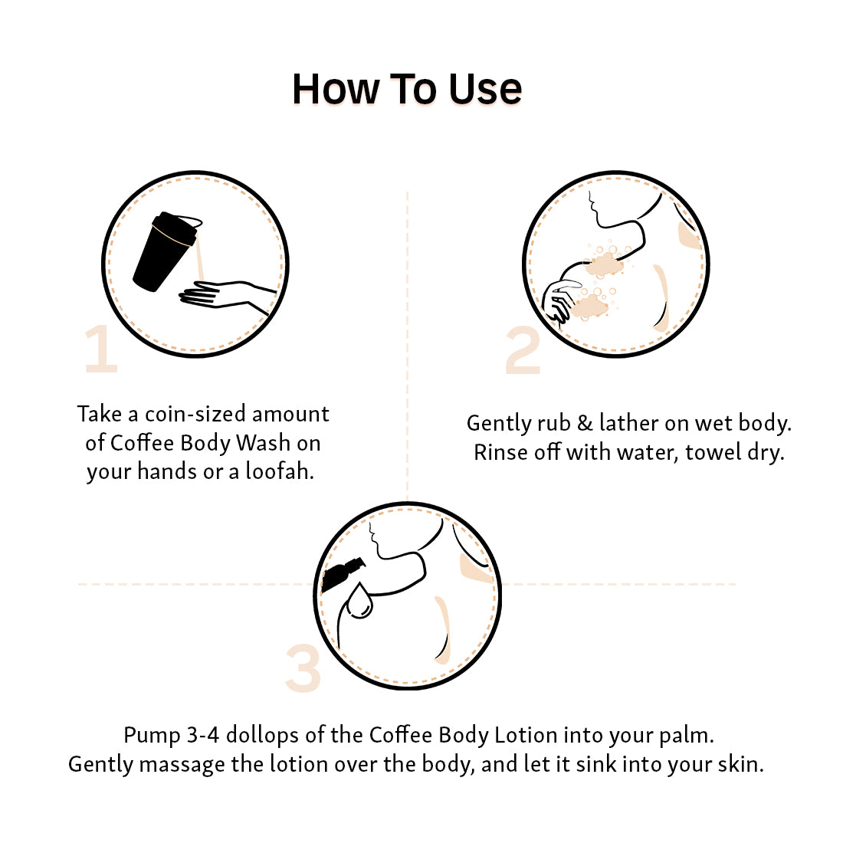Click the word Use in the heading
[x=485, y=89]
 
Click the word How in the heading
[x=336, y=89]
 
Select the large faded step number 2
[x=523, y=350]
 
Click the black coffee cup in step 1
[x=164, y=251]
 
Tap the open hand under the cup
[x=226, y=297]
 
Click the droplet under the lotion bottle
[x=359, y=601]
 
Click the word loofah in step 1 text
[x=280, y=471]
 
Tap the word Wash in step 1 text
[x=264, y=443]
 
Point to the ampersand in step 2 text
[x=585, y=424]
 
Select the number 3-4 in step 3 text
[x=203, y=735]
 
